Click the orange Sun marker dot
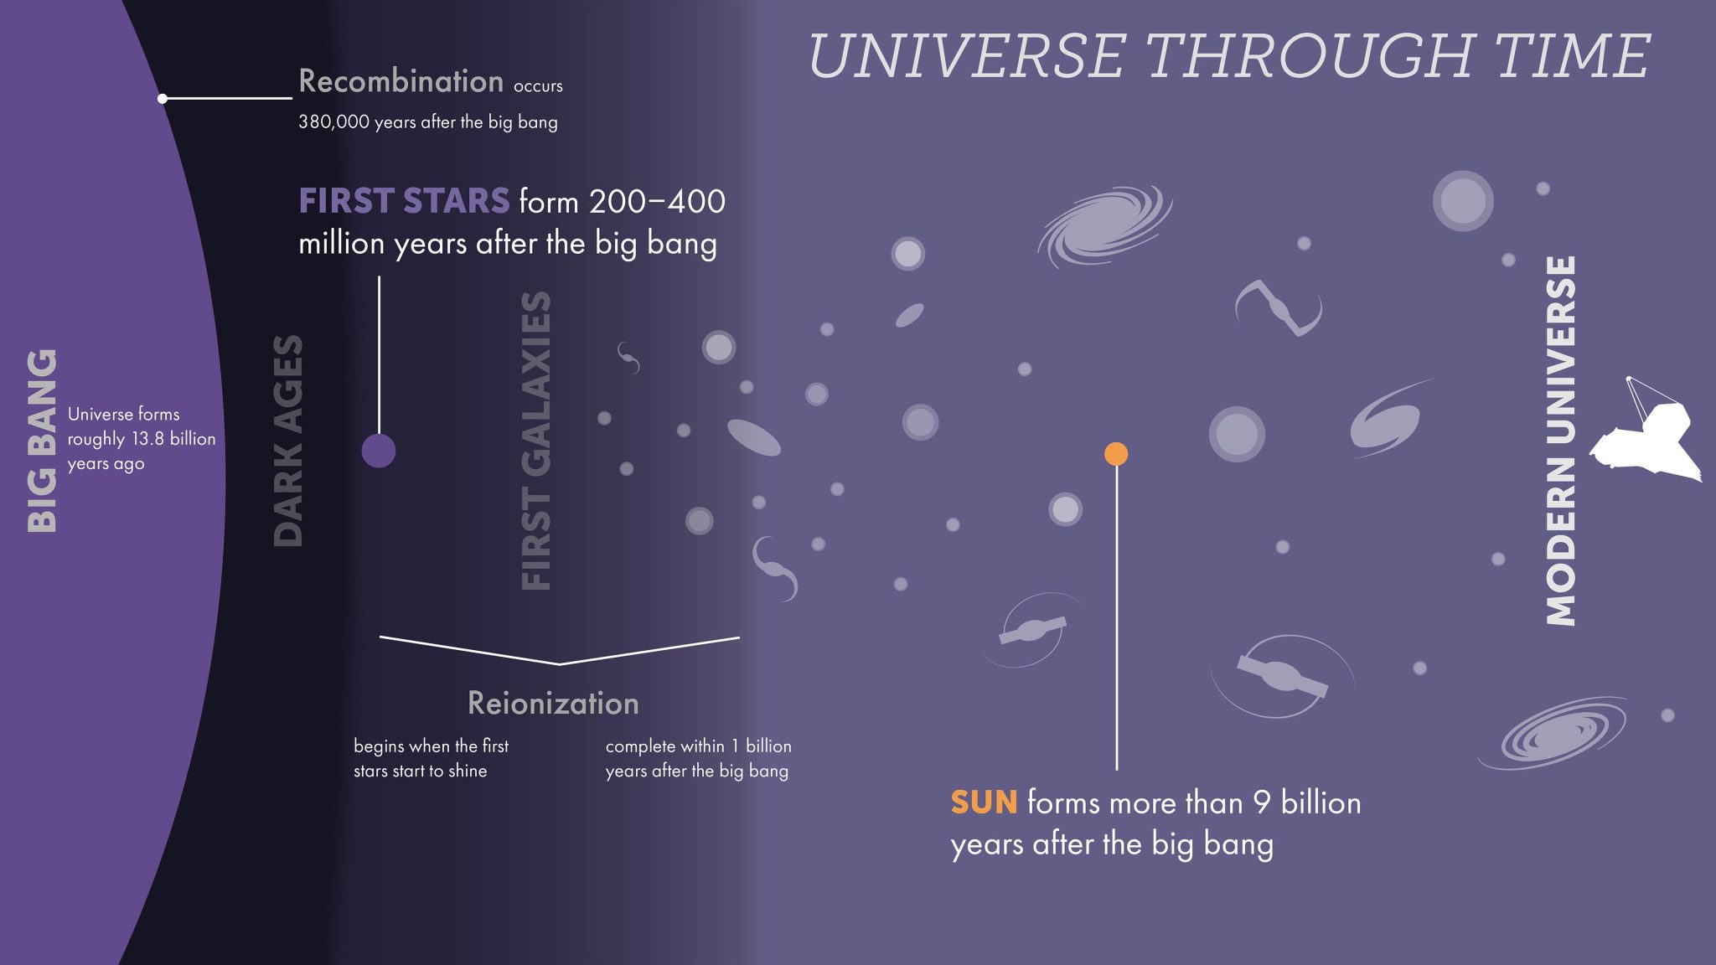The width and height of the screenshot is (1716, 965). [1116, 454]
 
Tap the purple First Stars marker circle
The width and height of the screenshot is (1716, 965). [379, 451]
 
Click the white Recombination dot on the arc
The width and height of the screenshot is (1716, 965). [163, 99]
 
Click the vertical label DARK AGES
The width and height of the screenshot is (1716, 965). [288, 441]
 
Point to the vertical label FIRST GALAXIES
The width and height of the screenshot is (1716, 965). [536, 441]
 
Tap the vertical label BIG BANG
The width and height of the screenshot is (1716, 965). [42, 441]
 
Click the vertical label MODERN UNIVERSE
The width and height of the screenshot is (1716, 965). [1561, 441]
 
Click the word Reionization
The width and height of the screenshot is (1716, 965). [553, 704]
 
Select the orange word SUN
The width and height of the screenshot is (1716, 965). [984, 802]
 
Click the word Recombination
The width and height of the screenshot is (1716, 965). [401, 81]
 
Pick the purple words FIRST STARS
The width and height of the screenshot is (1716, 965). [404, 201]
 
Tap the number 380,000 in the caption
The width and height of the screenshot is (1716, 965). [333, 122]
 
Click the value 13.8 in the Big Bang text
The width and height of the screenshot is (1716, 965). [147, 439]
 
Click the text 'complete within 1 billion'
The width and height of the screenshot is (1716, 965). [698, 746]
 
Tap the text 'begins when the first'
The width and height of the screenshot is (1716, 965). [431, 746]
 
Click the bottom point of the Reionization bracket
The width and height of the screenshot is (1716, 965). [559, 664]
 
